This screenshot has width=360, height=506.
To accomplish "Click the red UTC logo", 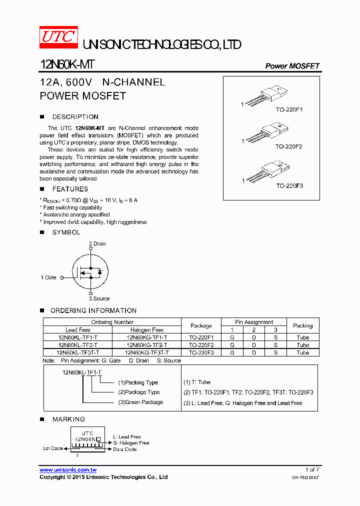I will [x=58, y=38].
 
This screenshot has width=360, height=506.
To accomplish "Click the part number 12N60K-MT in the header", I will [x=66, y=65].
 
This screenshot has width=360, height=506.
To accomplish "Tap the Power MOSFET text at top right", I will [x=292, y=66].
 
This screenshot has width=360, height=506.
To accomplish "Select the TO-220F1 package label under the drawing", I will [x=289, y=109].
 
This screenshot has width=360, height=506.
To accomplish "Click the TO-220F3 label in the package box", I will [x=289, y=185].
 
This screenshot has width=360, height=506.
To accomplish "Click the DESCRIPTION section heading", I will [x=75, y=117].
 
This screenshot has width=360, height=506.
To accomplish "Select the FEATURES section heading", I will [x=70, y=189].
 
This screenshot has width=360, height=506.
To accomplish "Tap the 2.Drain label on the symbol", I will [x=97, y=243].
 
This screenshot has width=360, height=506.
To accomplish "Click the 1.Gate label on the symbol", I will [x=48, y=277].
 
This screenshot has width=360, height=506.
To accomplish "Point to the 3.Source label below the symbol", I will [x=99, y=298].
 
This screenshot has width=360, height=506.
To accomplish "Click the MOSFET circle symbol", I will [x=90, y=272].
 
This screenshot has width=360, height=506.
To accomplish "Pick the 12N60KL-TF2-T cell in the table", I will [x=77, y=345].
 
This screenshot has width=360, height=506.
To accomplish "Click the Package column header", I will [x=201, y=325].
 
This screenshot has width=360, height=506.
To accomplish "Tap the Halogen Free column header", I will [x=147, y=330].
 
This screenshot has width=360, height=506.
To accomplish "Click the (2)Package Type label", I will [x=139, y=392].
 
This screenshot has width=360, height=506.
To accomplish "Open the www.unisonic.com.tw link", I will [x=68, y=470].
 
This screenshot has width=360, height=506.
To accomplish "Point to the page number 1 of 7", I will [x=312, y=469].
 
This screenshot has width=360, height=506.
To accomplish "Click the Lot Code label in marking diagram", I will [x=52, y=448].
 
